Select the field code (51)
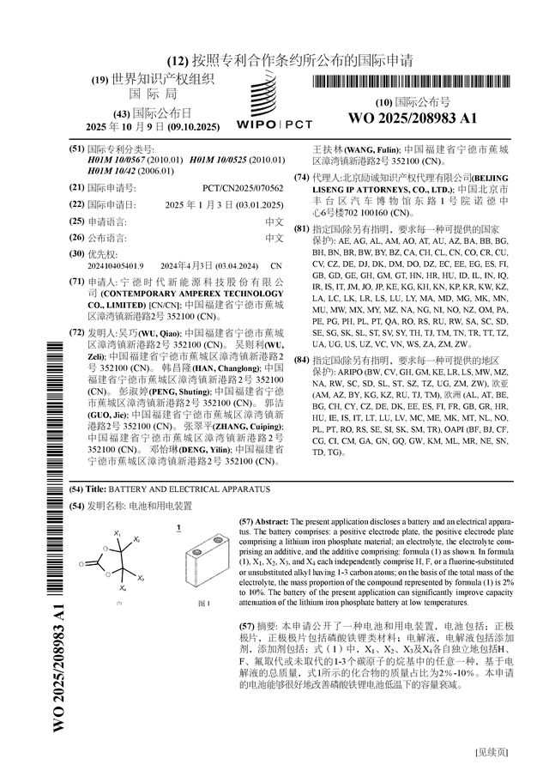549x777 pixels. (76, 149)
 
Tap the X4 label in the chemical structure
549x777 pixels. (123, 590)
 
